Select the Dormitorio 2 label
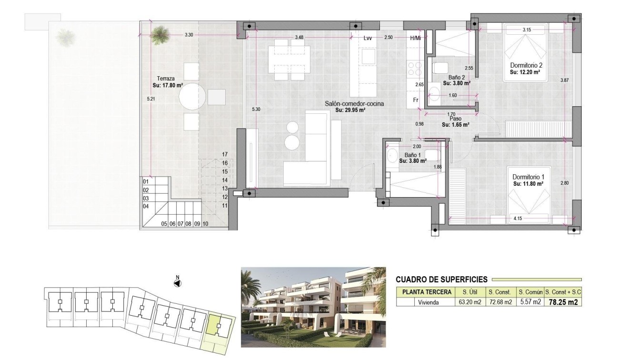coord(526,65)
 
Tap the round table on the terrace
coord(192,97)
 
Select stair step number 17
coord(225,154)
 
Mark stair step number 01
coord(146,182)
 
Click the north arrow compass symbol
coord(177,283)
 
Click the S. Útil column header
coord(467,292)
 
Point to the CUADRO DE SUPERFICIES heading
coord(441,280)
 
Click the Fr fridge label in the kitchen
coord(415,100)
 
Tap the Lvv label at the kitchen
coord(367,38)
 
